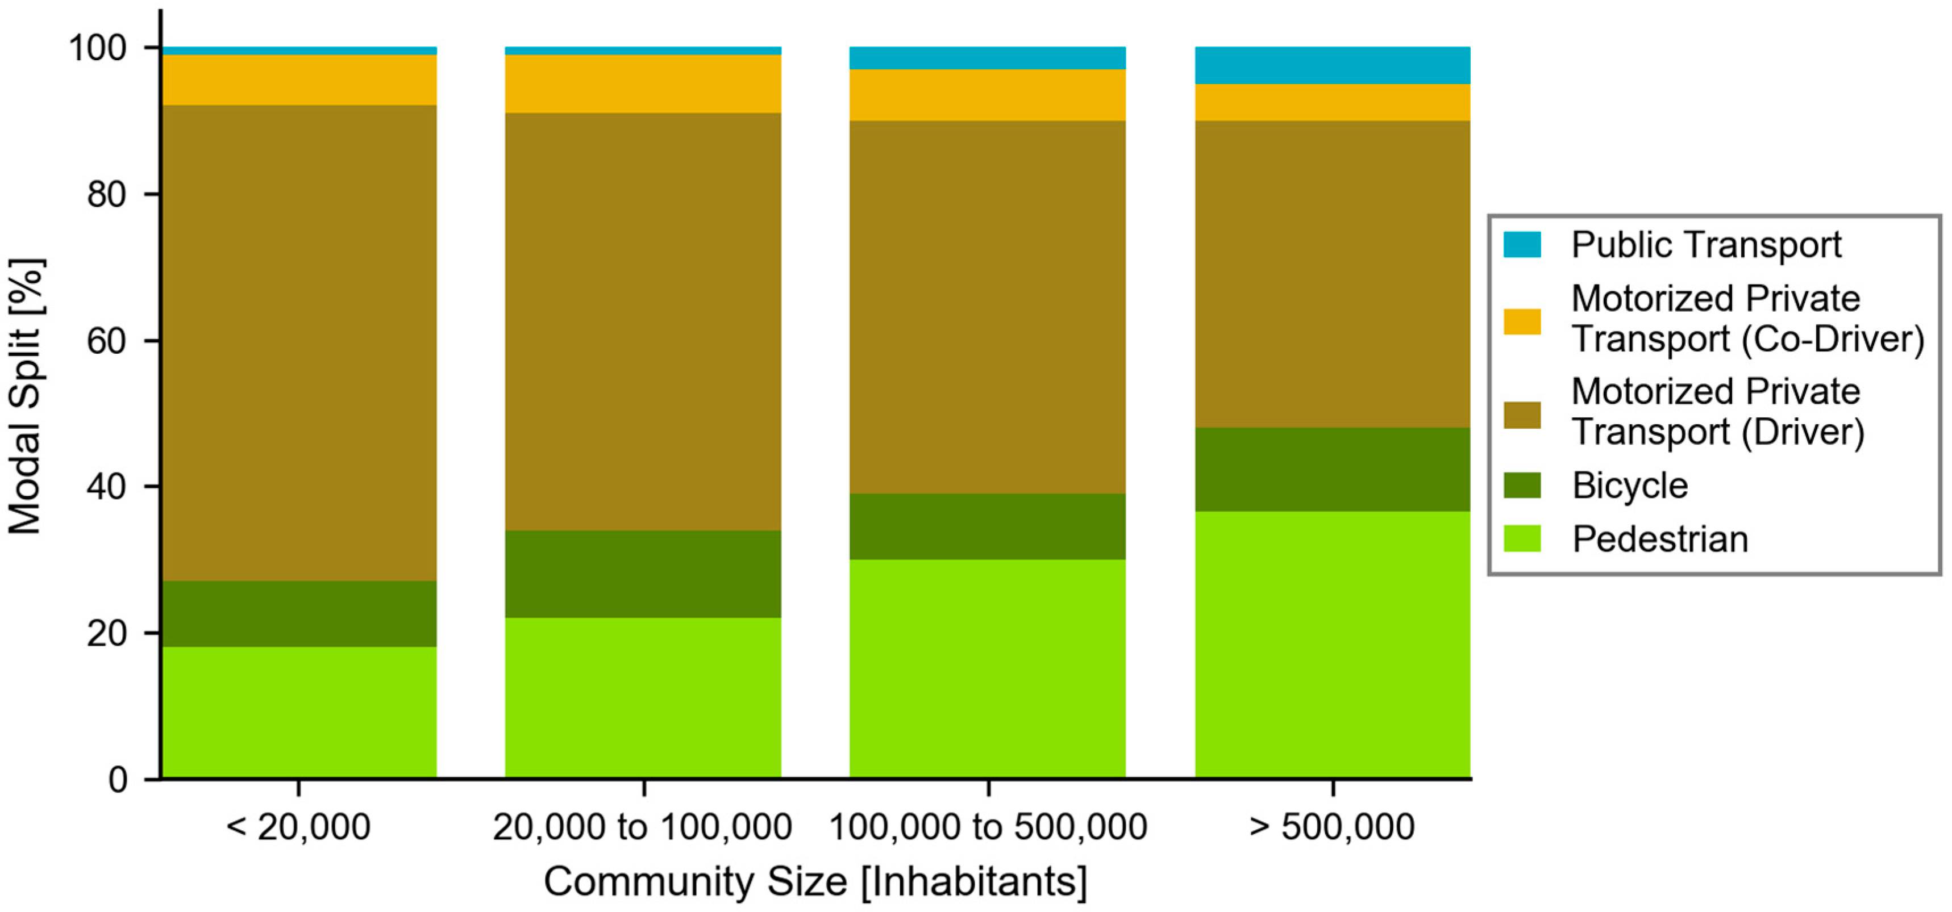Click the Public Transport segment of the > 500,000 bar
[x=1332, y=65]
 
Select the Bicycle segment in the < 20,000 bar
[x=299, y=613]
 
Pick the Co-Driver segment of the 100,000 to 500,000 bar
[x=988, y=95]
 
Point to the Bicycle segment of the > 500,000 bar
[x=1332, y=470]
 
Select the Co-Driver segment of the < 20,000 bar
[x=299, y=80]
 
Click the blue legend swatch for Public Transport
[x=1522, y=245]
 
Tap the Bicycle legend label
[x=1629, y=486]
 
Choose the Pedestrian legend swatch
[x=1522, y=538]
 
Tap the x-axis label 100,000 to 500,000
[x=988, y=826]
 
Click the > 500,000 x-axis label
[x=1331, y=826]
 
